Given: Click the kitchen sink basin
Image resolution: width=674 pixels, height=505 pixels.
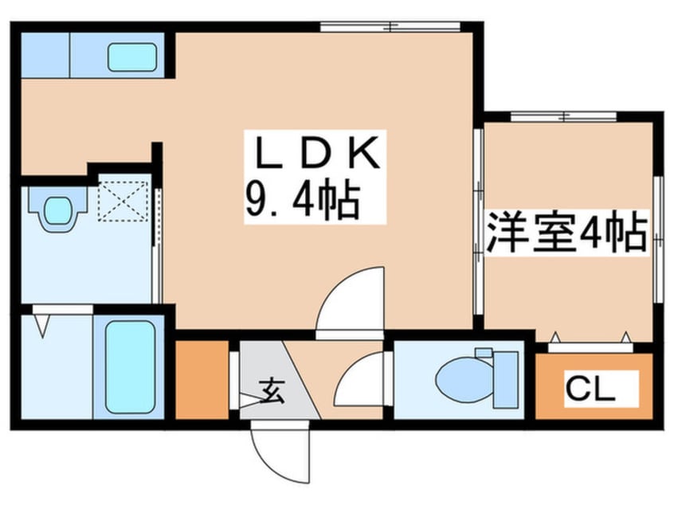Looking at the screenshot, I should pyautogui.click(x=131, y=57).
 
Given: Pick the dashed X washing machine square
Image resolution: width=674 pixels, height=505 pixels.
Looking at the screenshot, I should pyautogui.click(x=123, y=199).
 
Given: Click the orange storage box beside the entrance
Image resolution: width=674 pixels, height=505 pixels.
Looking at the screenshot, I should pyautogui.click(x=201, y=380).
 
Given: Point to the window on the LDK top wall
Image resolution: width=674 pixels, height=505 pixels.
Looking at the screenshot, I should pyautogui.click(x=390, y=27).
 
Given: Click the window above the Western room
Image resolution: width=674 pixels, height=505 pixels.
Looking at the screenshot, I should pyautogui.click(x=564, y=116).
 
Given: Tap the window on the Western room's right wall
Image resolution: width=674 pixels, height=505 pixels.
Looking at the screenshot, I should pyautogui.click(x=658, y=239).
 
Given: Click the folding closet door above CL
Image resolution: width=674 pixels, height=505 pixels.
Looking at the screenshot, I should pyautogui.click(x=590, y=345).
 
